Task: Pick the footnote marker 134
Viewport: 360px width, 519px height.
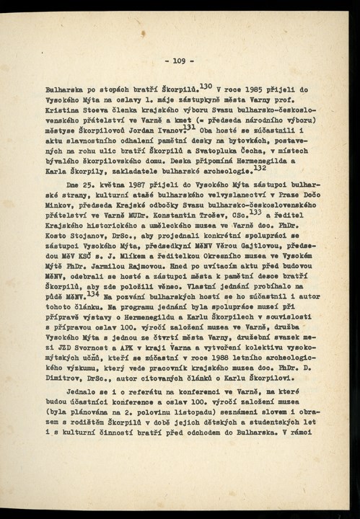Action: point(91,293)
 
